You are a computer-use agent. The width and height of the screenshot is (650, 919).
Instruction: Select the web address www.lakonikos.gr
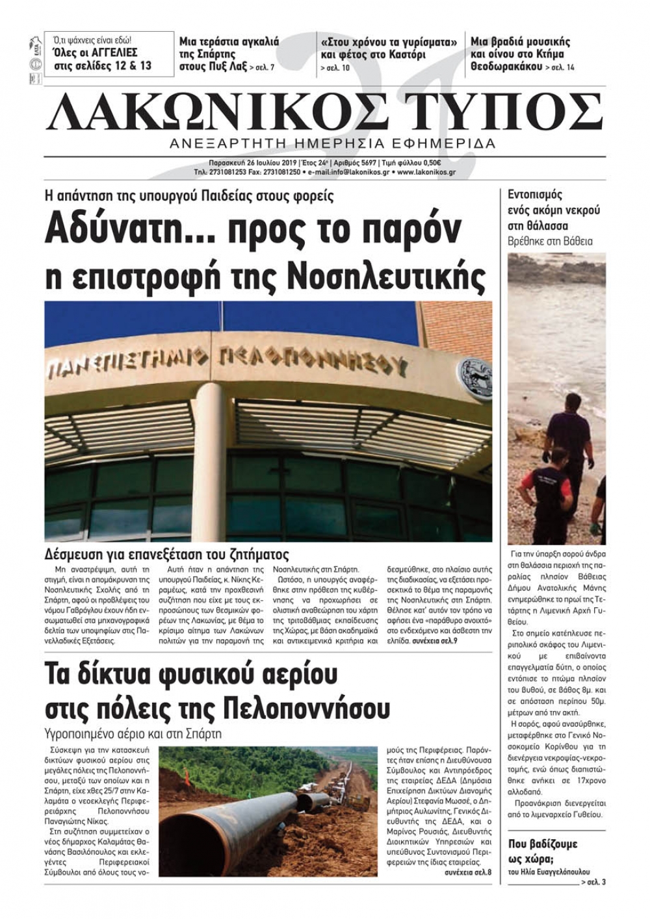[426, 172]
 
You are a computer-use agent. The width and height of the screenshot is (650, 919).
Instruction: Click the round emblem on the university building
[474, 377]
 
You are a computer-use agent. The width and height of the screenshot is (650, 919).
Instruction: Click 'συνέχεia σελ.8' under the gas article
[468, 872]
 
